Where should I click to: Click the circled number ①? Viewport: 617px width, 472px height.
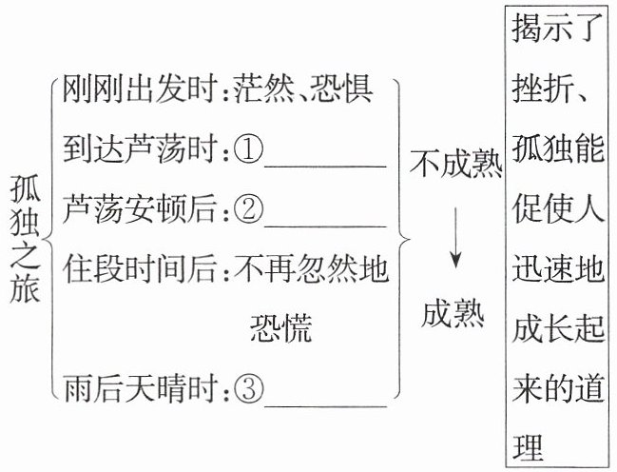click(248, 149)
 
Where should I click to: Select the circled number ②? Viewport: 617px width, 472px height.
click(248, 209)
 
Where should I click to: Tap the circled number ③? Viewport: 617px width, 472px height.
click(248, 389)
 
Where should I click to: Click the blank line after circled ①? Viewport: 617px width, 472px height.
click(325, 167)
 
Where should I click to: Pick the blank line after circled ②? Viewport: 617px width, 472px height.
click(325, 226)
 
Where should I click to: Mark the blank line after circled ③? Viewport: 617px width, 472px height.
click(325, 406)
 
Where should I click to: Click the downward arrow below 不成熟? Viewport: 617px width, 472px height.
click(455, 238)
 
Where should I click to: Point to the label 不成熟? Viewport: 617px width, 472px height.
click(455, 163)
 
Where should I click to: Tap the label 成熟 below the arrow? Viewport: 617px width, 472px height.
click(453, 314)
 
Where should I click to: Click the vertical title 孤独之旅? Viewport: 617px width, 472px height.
click(25, 239)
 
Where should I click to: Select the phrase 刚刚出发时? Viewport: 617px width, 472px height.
click(140, 89)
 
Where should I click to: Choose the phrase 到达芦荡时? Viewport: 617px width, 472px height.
click(140, 149)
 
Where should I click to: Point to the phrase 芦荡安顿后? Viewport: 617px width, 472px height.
click(140, 209)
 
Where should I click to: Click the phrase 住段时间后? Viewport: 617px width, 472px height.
click(140, 269)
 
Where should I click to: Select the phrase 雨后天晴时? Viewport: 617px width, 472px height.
click(140, 389)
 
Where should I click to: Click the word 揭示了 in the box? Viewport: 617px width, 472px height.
click(558, 29)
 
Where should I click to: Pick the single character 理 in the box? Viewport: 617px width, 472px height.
click(528, 447)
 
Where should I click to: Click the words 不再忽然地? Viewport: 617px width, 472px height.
click(311, 269)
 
